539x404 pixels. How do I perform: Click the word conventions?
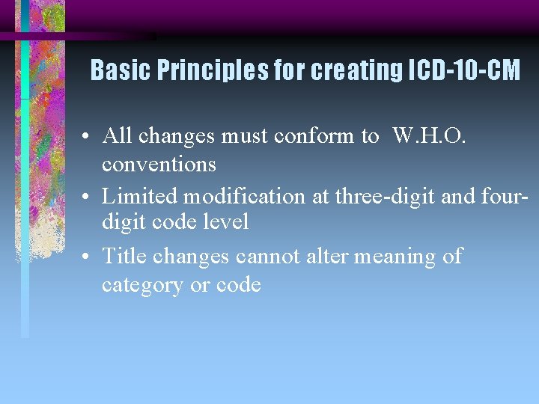pos(159,164)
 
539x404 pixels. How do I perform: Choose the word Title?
pos(124,257)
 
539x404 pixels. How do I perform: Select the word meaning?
pos(396,257)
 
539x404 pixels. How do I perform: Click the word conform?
pos(317,135)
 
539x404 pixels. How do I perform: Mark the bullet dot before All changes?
pos(88,137)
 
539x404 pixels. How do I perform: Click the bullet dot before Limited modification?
pos(88,198)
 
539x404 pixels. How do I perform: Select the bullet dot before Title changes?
pos(88,258)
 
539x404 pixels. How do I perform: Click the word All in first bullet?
pos(117,135)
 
